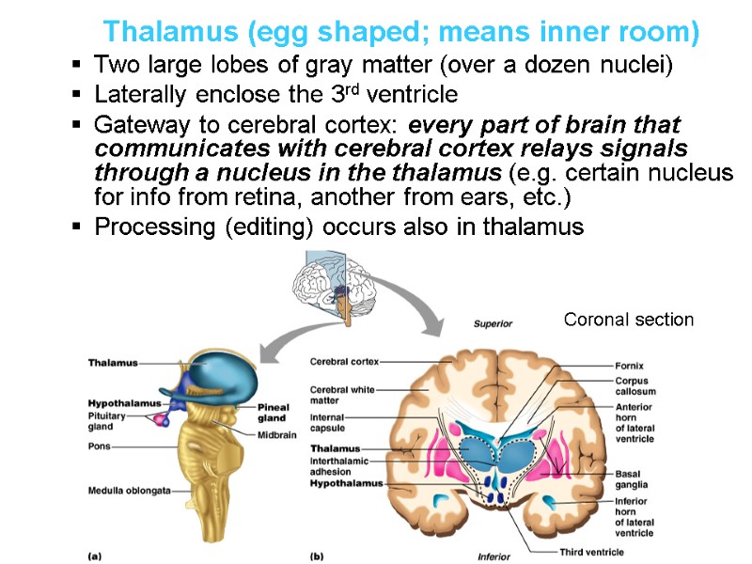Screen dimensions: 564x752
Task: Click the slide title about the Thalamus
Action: point(401,32)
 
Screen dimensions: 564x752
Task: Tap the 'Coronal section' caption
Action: point(628,320)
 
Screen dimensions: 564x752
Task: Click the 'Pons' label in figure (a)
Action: point(100,446)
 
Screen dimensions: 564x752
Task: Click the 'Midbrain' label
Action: point(277,434)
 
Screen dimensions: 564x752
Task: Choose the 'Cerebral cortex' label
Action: point(344,361)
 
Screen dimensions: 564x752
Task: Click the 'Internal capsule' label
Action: point(329,422)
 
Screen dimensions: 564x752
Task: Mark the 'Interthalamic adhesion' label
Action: point(339,466)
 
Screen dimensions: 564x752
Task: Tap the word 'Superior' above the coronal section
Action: point(493,323)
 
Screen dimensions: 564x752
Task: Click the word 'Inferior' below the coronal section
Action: point(493,556)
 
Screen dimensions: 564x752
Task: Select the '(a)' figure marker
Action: point(94,556)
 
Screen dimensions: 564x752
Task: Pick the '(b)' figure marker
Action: point(316,556)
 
